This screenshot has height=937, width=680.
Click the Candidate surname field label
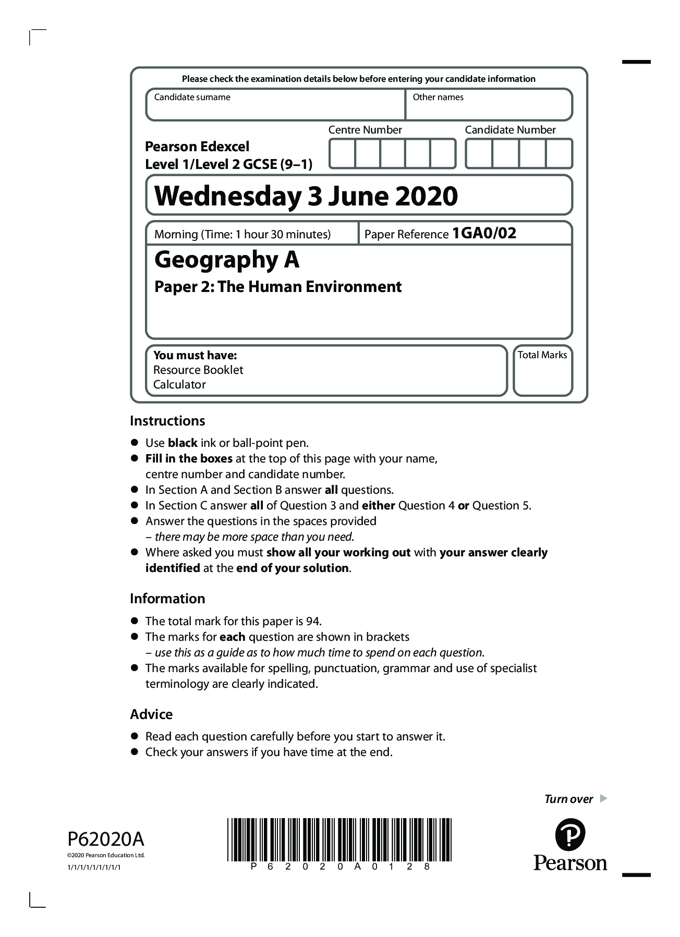[192, 97]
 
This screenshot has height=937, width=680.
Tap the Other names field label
[438, 97]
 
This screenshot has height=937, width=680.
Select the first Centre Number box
[342, 153]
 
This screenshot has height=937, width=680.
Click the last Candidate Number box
[558, 153]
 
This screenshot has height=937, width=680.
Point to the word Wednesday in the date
[228, 196]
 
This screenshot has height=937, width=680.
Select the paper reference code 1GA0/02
[484, 233]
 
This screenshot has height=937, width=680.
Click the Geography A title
[227, 260]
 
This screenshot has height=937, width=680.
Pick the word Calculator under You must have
[179, 384]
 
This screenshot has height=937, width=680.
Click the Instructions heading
[167, 421]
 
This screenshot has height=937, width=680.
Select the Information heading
[167, 599]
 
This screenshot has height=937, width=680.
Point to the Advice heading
[151, 714]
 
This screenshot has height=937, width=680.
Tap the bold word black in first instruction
[182, 443]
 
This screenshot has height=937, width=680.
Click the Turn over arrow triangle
[603, 798]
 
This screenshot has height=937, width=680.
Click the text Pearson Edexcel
[197, 147]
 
